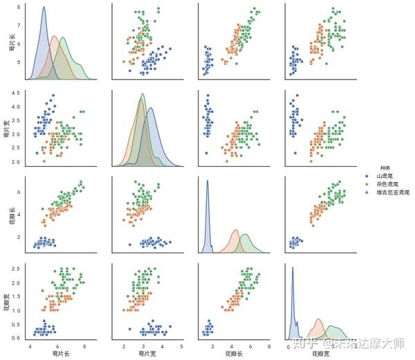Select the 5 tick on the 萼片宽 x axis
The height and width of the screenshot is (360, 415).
(181, 347)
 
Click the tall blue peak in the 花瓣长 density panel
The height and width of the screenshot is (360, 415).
(207, 181)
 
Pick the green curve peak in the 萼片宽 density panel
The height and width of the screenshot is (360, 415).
(142, 94)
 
